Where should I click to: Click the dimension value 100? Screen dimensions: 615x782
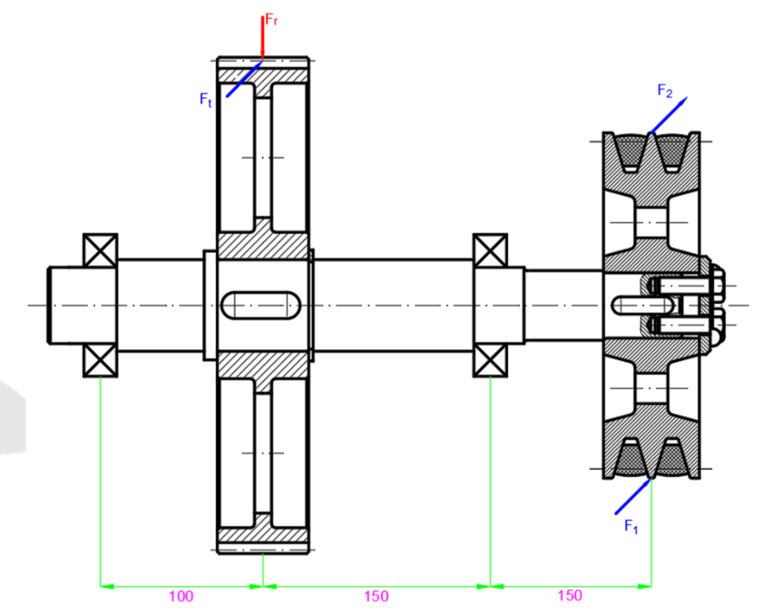pos(181,597)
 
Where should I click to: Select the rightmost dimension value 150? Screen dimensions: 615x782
pos(570,596)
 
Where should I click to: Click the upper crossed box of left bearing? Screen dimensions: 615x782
pos(100,250)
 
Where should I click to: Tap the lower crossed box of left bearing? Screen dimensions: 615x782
pos(100,361)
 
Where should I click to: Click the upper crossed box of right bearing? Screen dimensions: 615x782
pos(490,250)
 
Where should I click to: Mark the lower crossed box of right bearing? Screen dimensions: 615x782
pos(490,361)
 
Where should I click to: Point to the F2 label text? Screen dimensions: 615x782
pos(665,91)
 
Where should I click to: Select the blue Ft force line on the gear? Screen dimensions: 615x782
pos(243,81)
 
